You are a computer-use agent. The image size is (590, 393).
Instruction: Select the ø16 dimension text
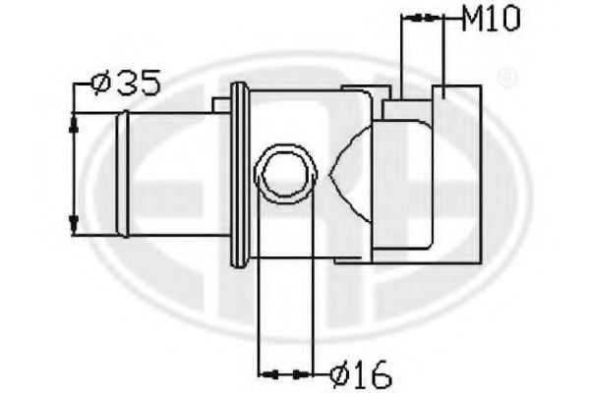click(361, 373)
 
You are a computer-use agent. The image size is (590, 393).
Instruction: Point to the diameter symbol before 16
click(338, 373)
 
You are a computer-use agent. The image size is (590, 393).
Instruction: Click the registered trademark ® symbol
click(506, 76)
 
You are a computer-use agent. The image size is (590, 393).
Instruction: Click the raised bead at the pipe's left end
click(122, 174)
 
